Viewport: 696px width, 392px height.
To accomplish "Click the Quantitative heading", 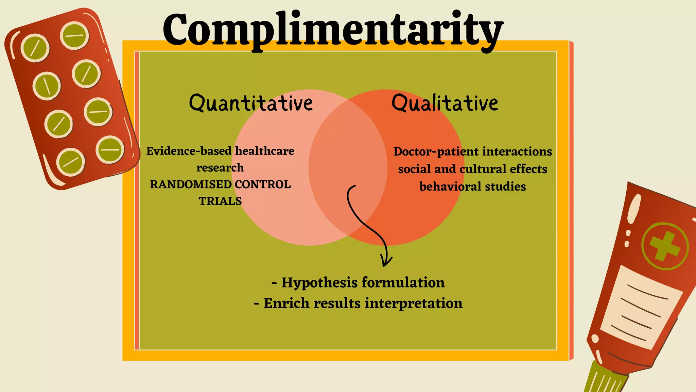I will click(251, 103).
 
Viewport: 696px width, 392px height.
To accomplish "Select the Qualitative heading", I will click(445, 103).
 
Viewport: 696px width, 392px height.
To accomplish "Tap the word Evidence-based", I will click(189, 151).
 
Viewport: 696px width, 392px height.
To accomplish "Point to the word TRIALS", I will click(220, 201).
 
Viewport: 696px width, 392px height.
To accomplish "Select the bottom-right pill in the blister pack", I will click(110, 150).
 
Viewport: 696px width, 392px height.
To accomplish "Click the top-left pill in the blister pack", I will click(35, 48).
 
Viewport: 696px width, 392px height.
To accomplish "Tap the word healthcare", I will click(265, 151).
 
